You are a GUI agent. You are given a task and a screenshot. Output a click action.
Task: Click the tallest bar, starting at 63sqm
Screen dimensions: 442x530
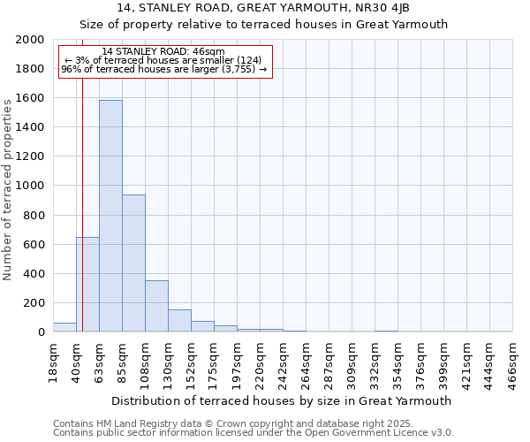[110, 216]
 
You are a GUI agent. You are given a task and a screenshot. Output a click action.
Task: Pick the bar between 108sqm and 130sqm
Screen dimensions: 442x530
[156, 306]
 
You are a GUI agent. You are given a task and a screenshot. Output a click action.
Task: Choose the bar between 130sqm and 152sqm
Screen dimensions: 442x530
[179, 321]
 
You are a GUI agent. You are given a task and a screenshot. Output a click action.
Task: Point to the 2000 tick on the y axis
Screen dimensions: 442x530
[31, 40]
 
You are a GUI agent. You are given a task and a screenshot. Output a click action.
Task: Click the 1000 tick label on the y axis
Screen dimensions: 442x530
[31, 186]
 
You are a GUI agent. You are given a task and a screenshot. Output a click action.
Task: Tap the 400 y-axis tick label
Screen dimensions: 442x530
[34, 274]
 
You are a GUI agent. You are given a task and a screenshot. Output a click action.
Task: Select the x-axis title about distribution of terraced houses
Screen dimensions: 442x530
[283, 400]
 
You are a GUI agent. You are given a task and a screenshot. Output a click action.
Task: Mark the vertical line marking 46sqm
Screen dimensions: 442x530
[82, 203]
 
